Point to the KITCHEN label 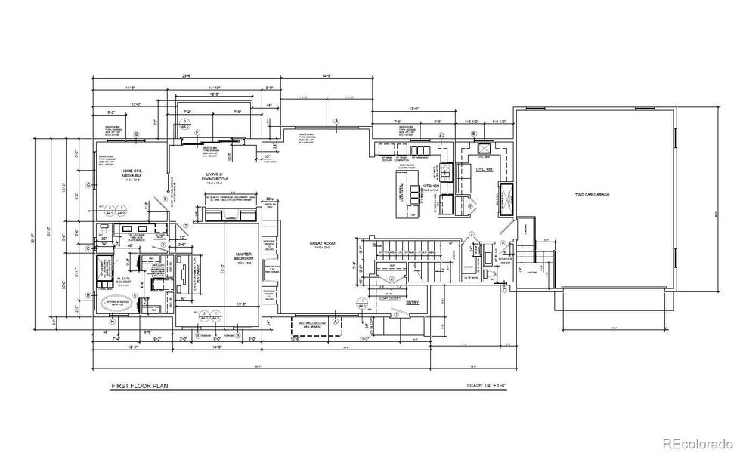pos(432,185)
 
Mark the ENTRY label pos(413,302)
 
